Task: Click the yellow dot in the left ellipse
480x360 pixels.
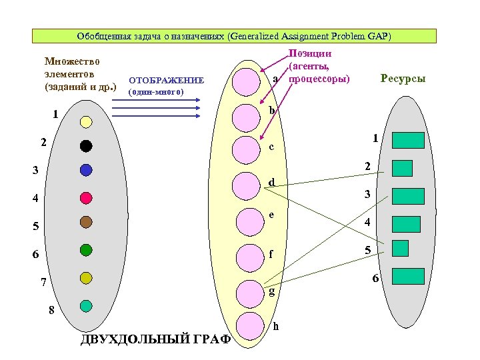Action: pyautogui.click(x=86, y=121)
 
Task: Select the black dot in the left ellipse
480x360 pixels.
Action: pyautogui.click(x=86, y=145)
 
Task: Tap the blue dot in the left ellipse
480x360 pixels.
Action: pyautogui.click(x=86, y=170)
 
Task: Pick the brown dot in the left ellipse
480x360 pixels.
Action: pyautogui.click(x=86, y=221)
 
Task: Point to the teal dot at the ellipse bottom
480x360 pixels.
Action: pyautogui.click(x=86, y=305)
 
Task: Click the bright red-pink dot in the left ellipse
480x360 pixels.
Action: pyautogui.click(x=86, y=197)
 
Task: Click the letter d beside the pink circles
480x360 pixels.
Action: pyautogui.click(x=271, y=182)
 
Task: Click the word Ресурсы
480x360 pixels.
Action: pyautogui.click(x=403, y=79)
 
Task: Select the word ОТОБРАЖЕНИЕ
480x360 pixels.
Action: pyautogui.click(x=165, y=80)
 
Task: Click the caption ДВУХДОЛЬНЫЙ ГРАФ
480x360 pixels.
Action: pyautogui.click(x=155, y=339)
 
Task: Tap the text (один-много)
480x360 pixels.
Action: pyautogui.click(x=155, y=91)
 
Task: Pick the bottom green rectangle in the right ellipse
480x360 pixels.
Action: pyautogui.click(x=408, y=276)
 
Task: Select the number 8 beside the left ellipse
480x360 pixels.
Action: pyautogui.click(x=51, y=310)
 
